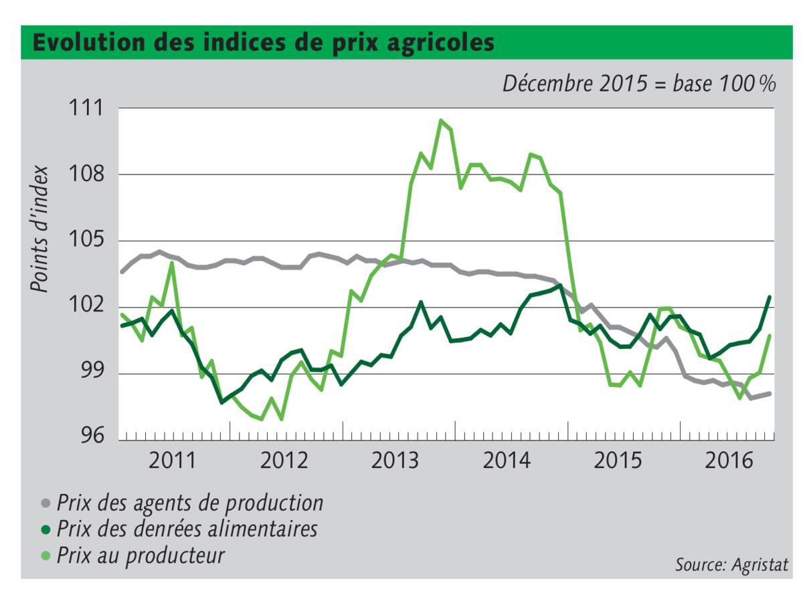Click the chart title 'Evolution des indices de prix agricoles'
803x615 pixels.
pos(264,43)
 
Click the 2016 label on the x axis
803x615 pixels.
pos(727,461)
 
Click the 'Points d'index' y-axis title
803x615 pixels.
pos(40,229)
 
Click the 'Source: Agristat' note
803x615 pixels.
pos(731,565)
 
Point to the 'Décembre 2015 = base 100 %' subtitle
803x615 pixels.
pos(639,84)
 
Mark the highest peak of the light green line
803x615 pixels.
pos(441,120)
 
